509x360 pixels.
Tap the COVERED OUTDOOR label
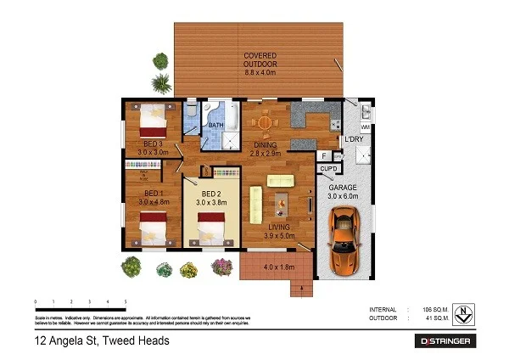coord(260,62)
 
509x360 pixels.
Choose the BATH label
coord(217,127)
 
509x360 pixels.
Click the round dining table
coord(266,122)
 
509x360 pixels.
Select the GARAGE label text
coord(343,186)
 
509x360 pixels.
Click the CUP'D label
coord(328,169)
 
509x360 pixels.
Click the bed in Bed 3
coord(152,115)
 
